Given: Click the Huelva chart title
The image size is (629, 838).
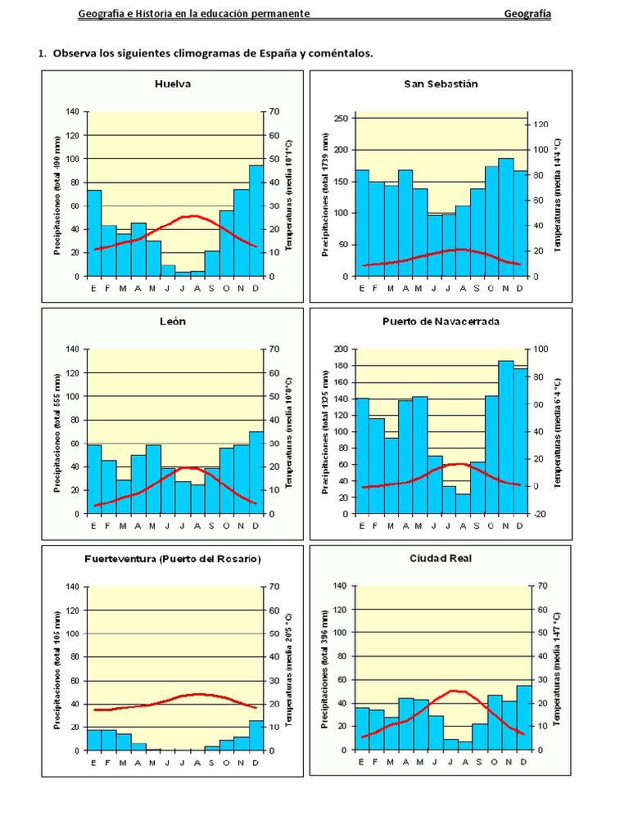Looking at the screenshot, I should click(173, 83).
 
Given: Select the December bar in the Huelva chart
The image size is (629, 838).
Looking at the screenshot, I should click(256, 221).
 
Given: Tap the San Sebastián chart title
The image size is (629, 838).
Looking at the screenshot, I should click(441, 83).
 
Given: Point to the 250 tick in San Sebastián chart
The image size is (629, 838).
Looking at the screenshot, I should click(339, 119).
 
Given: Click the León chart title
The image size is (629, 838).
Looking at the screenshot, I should click(173, 322).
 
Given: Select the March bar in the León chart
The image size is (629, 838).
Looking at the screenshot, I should click(124, 497).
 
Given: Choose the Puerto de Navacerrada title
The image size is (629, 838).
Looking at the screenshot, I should click(441, 322).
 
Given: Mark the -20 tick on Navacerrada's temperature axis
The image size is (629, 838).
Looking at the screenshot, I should click(538, 514).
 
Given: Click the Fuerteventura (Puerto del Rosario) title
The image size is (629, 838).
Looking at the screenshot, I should click(173, 559).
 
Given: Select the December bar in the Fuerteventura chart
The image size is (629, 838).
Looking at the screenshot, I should click(256, 735).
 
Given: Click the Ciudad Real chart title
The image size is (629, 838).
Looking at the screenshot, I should click(441, 559).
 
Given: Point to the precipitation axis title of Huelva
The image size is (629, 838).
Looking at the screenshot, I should click(57, 195).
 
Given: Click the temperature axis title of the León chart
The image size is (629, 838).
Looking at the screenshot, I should click(288, 432).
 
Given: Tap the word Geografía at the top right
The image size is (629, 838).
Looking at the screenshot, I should click(527, 14).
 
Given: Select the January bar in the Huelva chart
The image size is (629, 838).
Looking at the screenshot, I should click(94, 233).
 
